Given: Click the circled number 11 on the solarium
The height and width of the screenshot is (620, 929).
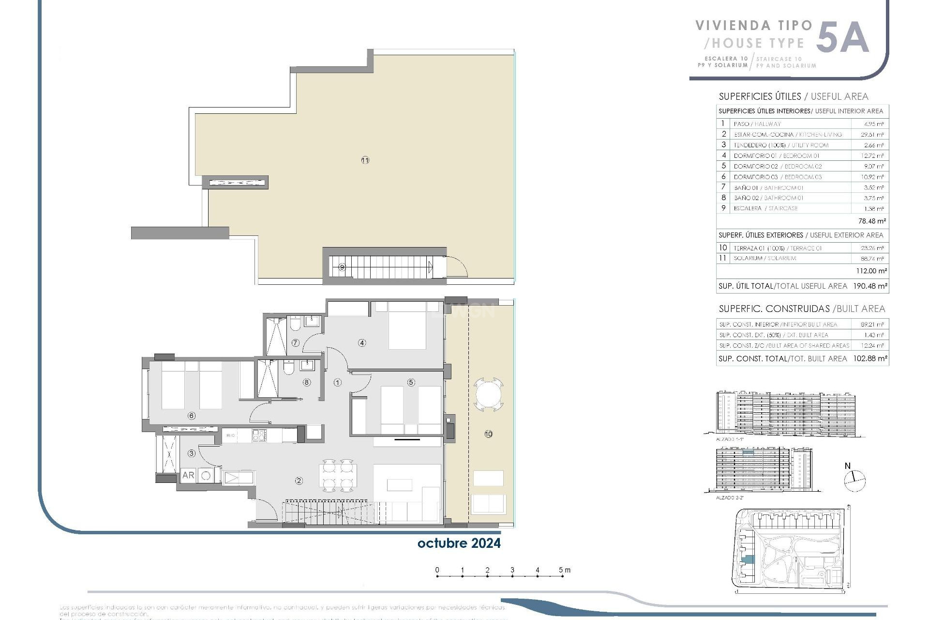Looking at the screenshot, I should (365, 160).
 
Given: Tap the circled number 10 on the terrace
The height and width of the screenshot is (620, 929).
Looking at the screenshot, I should (488, 434).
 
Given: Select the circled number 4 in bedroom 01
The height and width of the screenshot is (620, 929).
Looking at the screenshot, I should (362, 343).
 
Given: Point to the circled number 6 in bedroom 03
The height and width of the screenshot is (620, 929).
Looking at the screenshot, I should (192, 416).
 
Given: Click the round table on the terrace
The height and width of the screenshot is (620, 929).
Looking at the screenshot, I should (489, 394).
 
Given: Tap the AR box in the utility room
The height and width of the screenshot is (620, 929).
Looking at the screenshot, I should (188, 475).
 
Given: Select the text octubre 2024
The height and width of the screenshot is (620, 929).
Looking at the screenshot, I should (459, 543).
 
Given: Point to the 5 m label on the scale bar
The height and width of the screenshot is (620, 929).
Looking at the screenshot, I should (564, 570).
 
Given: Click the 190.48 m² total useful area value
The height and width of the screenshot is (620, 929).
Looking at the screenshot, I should (870, 286).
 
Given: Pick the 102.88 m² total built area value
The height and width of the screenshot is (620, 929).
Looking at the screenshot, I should (870, 359).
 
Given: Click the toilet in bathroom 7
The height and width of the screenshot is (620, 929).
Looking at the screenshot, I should (295, 324).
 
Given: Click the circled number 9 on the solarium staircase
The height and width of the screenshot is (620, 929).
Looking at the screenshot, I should (342, 267).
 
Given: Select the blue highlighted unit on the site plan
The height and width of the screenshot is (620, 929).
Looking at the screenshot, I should (748, 560).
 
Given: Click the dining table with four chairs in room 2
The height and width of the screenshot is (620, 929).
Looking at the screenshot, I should (338, 475).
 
